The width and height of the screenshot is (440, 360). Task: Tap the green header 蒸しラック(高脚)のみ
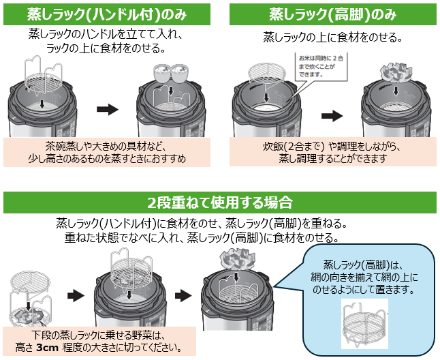tap(332, 13)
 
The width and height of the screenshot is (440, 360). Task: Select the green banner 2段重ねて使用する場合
tap(219, 202)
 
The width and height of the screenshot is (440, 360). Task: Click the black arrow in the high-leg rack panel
tap(332, 115)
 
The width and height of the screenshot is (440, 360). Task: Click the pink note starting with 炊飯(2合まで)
tap(332, 152)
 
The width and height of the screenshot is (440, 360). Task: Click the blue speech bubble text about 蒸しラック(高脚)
tap(364, 277)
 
